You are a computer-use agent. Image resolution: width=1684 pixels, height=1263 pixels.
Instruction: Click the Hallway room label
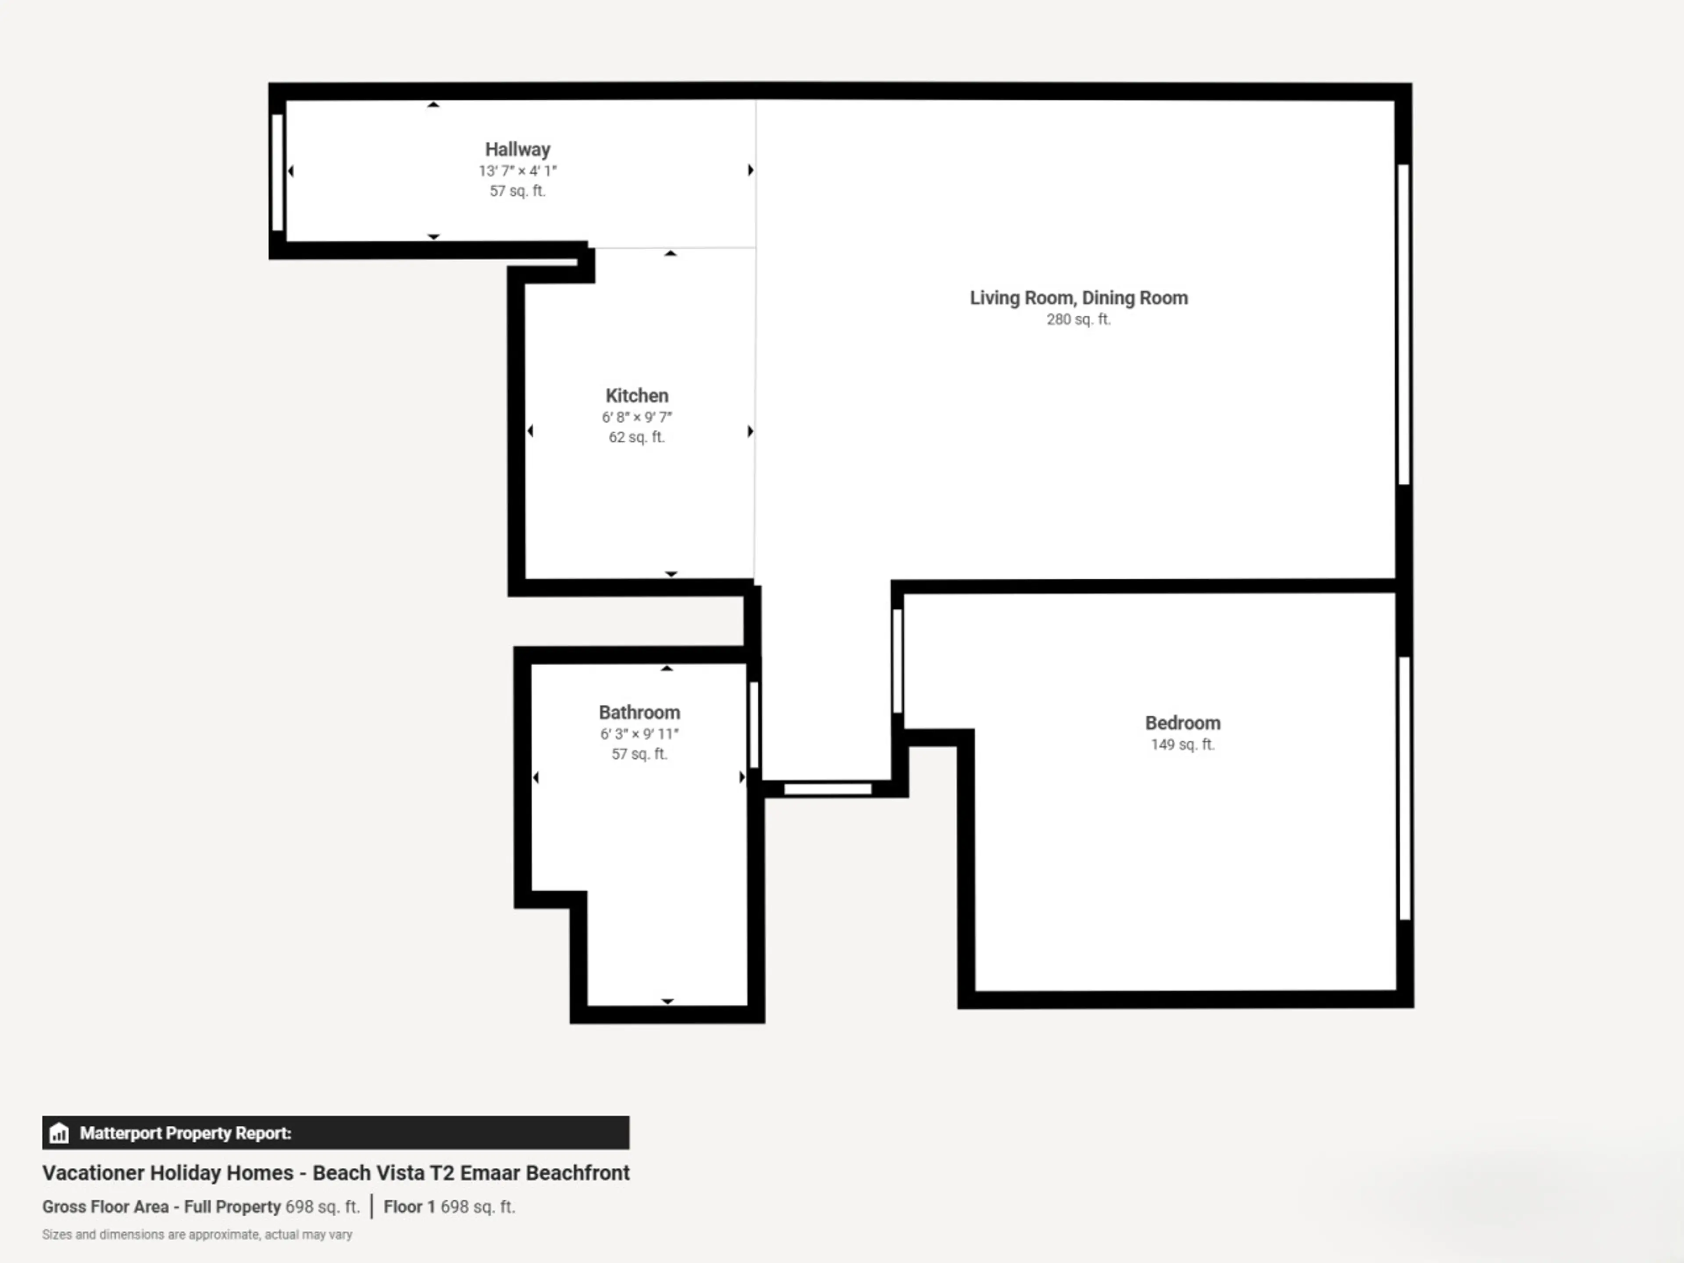(x=517, y=149)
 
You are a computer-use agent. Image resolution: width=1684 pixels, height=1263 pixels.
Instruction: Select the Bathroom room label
(x=639, y=713)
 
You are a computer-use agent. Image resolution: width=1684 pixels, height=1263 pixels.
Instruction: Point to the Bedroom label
(x=1182, y=723)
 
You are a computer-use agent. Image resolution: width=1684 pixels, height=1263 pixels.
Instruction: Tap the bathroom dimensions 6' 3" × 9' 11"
(x=639, y=734)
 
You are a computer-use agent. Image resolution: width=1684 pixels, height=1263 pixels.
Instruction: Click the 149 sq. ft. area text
(x=1182, y=745)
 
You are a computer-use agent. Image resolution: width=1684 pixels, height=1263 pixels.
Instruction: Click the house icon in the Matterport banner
(x=59, y=1133)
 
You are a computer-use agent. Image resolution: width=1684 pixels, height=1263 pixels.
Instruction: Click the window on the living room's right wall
(x=1404, y=325)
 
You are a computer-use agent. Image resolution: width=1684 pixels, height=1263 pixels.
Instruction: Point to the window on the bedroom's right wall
(x=1405, y=788)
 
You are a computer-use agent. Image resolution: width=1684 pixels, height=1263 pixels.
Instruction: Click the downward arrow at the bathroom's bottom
(x=667, y=1001)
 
